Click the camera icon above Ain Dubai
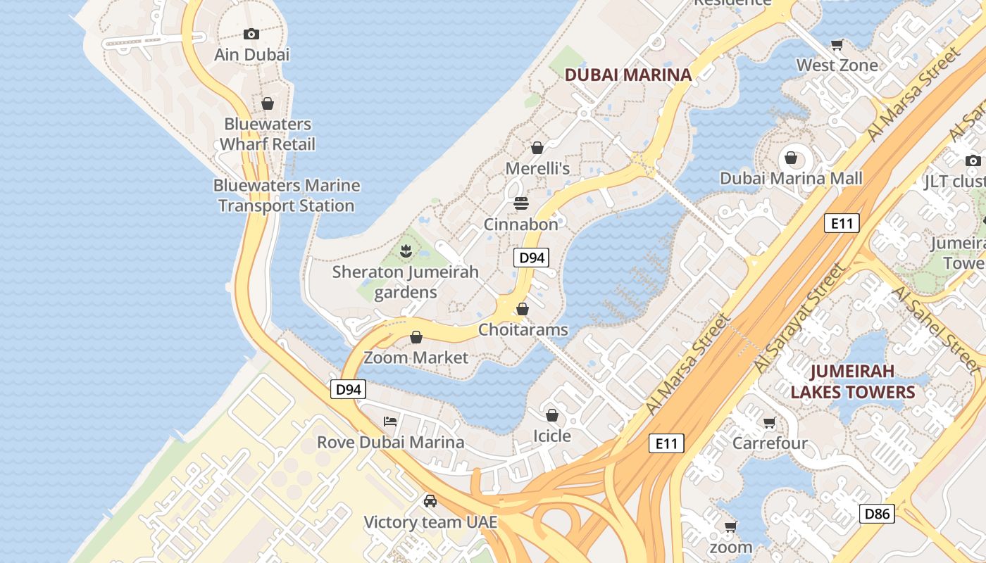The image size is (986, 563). pos(251,34)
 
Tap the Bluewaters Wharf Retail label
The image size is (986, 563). pos(268,134)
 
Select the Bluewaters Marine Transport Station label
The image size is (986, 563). pos(287,196)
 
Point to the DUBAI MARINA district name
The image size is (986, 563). pos(628,74)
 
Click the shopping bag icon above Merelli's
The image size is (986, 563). pos(537,148)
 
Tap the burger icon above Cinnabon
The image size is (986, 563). pos(521,203)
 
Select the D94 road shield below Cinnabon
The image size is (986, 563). pos(531,258)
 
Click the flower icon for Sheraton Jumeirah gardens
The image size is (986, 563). pos(406,250)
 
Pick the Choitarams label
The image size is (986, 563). pos(523,329)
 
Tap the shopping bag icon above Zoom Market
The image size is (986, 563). pos(416,337)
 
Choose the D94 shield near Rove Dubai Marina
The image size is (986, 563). pos(349,389)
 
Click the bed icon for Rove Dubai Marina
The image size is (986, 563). pos(390,422)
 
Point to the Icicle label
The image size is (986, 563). pos(552,436)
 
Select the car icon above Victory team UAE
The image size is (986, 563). pos(430,501)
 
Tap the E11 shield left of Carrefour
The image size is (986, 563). pos(666,443)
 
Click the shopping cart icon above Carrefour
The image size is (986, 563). pos(770,423)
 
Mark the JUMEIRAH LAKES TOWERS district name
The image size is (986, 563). pos(852,381)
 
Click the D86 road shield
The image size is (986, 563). pos(877,514)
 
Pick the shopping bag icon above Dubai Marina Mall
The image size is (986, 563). pos(791,157)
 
